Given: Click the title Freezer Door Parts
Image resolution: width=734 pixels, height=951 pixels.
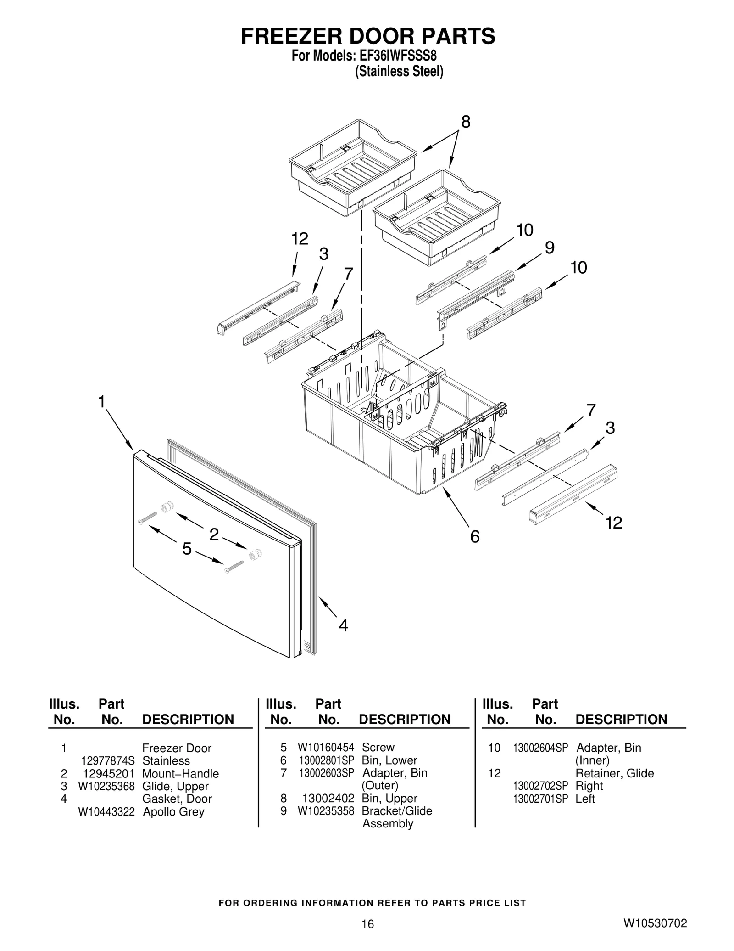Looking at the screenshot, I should (x=367, y=36).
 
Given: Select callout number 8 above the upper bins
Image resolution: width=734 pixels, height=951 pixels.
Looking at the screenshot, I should (x=465, y=122).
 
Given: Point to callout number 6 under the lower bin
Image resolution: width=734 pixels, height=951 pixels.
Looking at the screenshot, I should (x=475, y=536).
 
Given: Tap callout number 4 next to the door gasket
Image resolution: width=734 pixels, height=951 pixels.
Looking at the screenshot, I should (x=343, y=625).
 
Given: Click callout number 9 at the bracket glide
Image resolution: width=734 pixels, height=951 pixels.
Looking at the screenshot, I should (x=550, y=248).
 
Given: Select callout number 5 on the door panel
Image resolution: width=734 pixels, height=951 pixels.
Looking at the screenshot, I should (x=187, y=548).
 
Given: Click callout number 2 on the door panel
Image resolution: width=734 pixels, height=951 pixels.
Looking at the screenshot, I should (x=214, y=535).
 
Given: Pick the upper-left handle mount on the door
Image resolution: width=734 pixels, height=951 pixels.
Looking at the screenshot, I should (x=166, y=507).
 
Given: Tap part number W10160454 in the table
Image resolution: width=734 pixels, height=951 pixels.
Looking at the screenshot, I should (x=326, y=747).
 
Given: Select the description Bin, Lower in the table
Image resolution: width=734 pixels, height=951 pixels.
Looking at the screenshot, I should (x=389, y=760).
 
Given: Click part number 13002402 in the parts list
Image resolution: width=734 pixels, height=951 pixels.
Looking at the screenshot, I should (x=328, y=798).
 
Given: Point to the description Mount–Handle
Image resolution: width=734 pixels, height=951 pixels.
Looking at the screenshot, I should (x=180, y=773).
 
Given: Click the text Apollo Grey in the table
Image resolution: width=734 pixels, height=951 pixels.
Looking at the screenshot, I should (x=173, y=812).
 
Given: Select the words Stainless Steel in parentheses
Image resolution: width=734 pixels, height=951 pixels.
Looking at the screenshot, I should (x=399, y=72).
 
